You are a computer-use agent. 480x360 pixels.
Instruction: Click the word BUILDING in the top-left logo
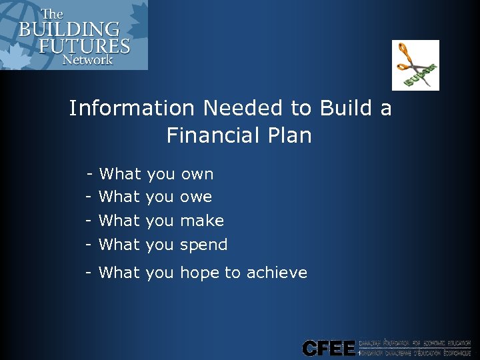[69, 30]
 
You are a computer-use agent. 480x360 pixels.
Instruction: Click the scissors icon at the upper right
[415, 65]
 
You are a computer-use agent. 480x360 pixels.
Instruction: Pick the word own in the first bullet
[197, 175]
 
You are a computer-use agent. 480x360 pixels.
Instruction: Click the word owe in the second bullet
[196, 197]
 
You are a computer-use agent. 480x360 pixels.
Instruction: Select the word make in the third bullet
[202, 221]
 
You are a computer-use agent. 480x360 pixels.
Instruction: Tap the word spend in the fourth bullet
[204, 245]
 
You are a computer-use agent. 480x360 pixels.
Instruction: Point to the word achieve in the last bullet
[277, 273]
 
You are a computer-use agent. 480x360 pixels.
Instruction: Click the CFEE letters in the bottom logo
[328, 348]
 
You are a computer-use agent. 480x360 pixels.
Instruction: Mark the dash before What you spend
[88, 245]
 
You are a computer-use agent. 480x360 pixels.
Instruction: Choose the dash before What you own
[89, 175]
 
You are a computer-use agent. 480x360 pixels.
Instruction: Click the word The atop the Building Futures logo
[53, 14]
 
